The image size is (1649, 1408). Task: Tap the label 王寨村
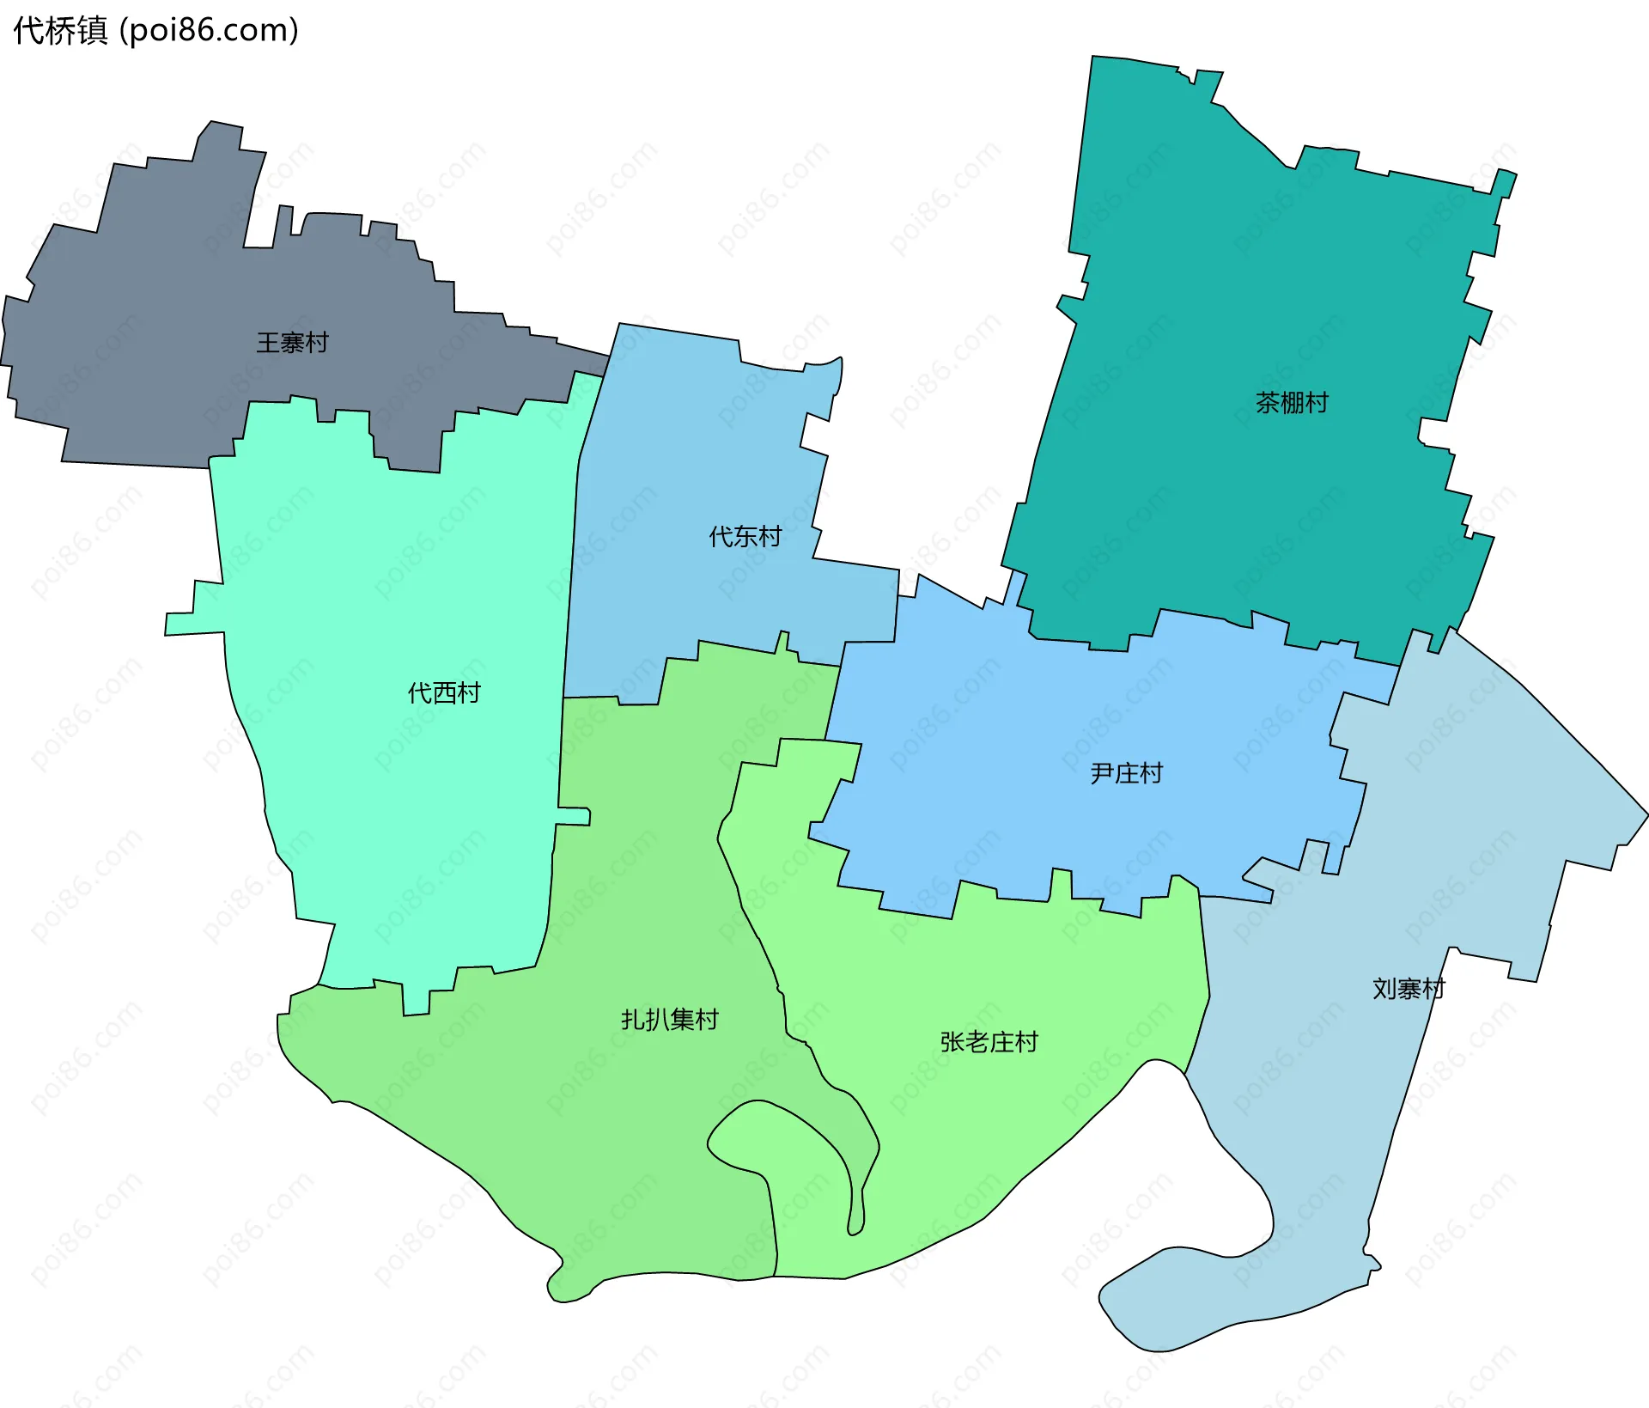pos(292,343)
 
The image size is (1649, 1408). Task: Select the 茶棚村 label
pos(1292,402)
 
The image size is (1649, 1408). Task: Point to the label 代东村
pos(745,537)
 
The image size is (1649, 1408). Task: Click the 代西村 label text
pos(443,692)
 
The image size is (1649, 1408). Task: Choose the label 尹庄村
pos(1126,773)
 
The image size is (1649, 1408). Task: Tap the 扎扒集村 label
pos(669,1020)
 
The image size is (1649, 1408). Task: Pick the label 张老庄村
pos(989,1042)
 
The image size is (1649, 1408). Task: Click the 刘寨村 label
pos(1408,989)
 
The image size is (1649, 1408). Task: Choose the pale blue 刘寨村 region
pos(1460,816)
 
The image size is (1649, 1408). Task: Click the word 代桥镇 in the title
pos(60,30)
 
